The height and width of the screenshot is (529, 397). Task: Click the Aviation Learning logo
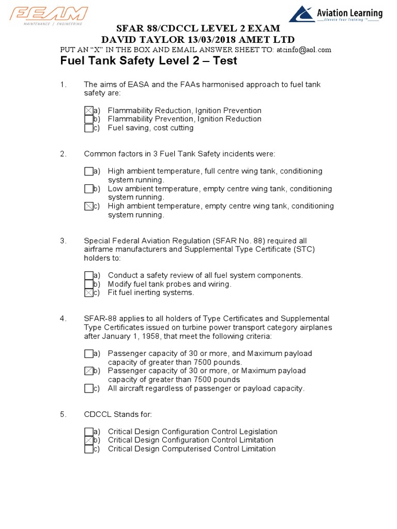[x=335, y=14]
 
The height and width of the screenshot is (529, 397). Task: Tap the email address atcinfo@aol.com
[x=303, y=50]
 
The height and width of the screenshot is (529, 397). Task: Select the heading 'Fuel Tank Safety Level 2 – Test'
[x=149, y=61]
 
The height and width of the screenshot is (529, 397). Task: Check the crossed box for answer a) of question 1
[x=88, y=111]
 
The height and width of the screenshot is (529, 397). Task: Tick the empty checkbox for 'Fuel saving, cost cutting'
[x=88, y=128]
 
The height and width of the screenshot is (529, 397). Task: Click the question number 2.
[x=63, y=154]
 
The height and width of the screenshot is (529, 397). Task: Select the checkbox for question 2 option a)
[x=88, y=172]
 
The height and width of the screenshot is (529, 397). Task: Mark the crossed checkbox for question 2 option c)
[x=88, y=206]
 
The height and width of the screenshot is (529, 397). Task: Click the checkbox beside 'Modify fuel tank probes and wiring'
[x=88, y=284]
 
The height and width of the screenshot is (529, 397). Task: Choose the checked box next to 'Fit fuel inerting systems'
[x=88, y=293]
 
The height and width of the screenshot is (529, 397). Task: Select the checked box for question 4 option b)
[x=88, y=371]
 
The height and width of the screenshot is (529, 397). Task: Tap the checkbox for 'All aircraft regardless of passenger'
[x=88, y=388]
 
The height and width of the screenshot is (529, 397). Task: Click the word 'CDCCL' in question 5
[x=98, y=414]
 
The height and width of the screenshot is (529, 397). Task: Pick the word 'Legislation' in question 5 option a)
[x=257, y=431]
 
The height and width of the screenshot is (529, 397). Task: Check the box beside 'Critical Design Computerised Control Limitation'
[x=88, y=449]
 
